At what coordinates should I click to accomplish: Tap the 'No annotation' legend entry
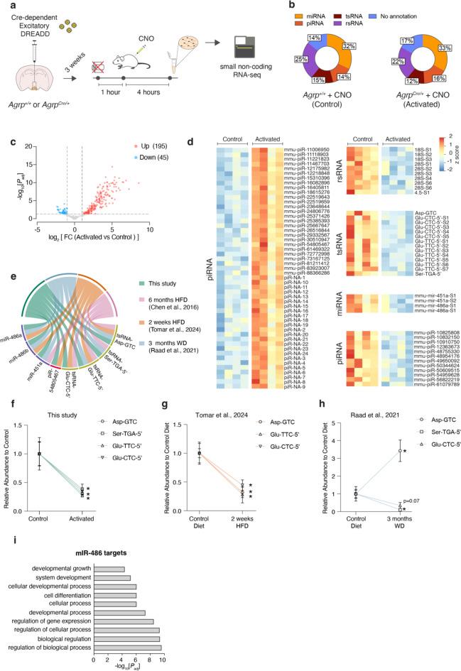pos(428,11)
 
